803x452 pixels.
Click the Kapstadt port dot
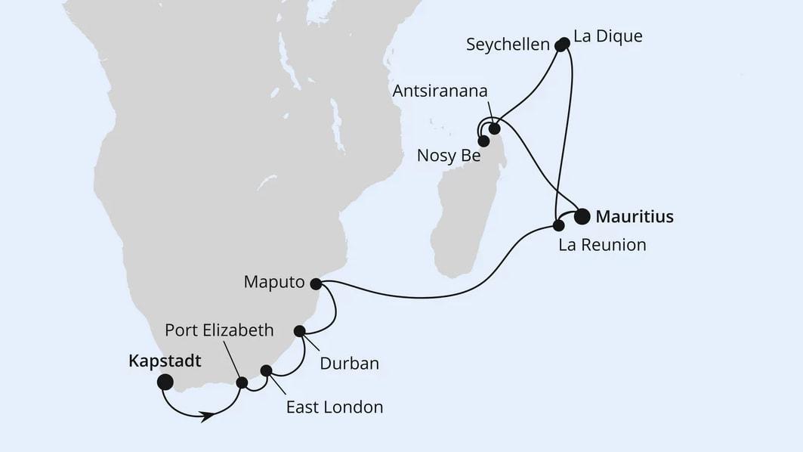pyautogui.click(x=164, y=382)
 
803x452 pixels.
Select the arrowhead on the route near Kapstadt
pyautogui.click(x=206, y=416)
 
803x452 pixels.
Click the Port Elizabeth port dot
pyautogui.click(x=242, y=382)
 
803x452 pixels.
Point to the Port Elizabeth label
pyautogui.click(x=219, y=330)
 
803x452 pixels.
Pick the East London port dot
pyautogui.click(x=266, y=370)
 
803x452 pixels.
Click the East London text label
pyautogui.click(x=334, y=407)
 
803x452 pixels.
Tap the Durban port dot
pyautogui.click(x=299, y=330)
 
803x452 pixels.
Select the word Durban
pyautogui.click(x=349, y=364)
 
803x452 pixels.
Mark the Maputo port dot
pyautogui.click(x=316, y=284)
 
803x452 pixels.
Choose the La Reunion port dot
pyautogui.click(x=559, y=225)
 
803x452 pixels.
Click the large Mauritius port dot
pyautogui.click(x=582, y=217)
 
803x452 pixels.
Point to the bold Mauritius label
pyautogui.click(x=635, y=217)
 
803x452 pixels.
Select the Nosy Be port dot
pyautogui.click(x=483, y=140)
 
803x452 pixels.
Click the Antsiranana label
pyautogui.click(x=440, y=91)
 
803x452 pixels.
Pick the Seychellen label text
pyautogui.click(x=508, y=45)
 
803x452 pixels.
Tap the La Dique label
pyautogui.click(x=608, y=36)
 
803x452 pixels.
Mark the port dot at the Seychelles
pyautogui.click(x=561, y=45)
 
